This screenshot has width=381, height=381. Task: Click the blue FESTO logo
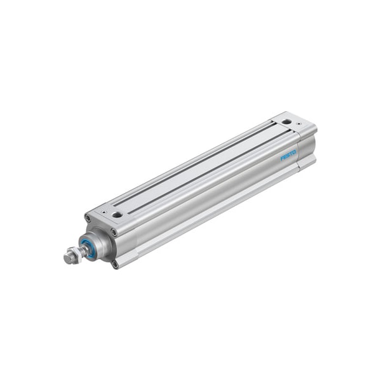click(x=288, y=156)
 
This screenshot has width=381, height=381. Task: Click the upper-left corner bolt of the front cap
click(x=88, y=218)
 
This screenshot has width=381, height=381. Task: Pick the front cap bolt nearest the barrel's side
click(x=114, y=232)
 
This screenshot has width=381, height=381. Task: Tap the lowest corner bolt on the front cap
click(x=116, y=264)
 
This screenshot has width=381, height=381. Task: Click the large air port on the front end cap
click(x=117, y=214)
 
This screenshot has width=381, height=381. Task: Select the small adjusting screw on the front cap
click(x=104, y=212)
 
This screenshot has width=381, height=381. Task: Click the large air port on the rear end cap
click(x=287, y=121)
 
